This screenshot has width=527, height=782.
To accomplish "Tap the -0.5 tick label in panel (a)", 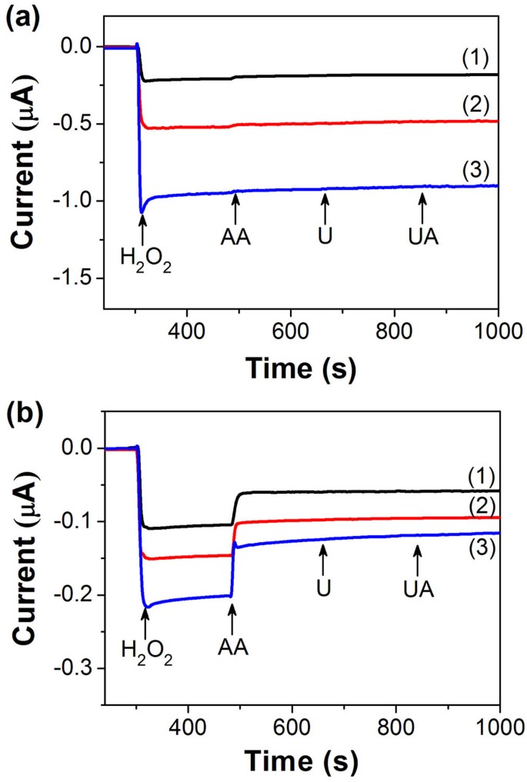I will [76, 124].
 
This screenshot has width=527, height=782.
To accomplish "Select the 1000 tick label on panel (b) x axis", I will [499, 724].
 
